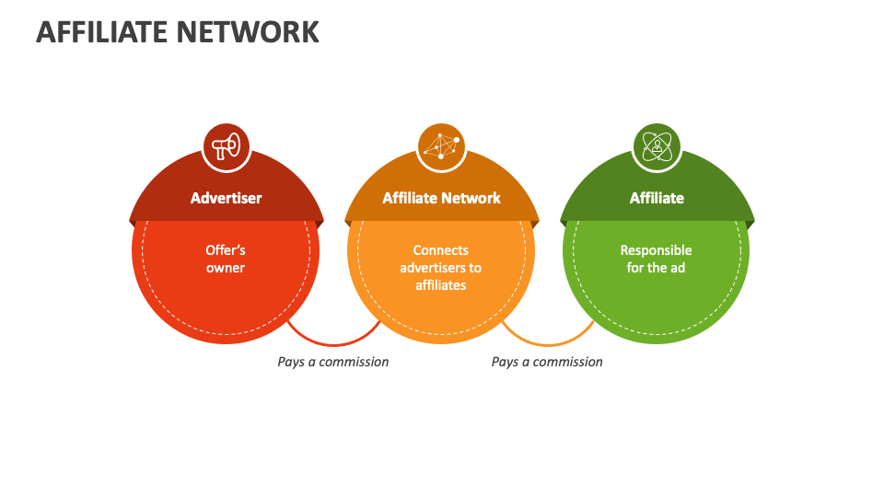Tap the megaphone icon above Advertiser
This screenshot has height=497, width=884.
[226, 146]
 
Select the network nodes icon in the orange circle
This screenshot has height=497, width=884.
[441, 146]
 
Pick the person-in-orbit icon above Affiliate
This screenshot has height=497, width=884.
[657, 146]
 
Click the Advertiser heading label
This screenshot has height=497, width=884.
[226, 198]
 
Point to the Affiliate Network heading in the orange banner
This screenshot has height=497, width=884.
[441, 198]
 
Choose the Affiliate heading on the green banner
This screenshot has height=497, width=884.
[657, 198]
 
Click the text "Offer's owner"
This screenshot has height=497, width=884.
[226, 259]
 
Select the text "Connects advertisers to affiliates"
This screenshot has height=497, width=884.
[441, 268]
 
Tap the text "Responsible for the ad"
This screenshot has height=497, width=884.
[657, 259]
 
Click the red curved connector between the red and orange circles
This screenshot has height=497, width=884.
[333, 337]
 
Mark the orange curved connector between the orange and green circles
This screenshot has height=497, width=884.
[549, 337]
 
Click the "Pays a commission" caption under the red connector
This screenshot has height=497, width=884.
[333, 362]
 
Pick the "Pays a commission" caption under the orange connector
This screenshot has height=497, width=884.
[547, 362]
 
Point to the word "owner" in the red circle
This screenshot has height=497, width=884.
[226, 268]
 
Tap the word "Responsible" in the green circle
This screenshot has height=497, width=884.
[657, 250]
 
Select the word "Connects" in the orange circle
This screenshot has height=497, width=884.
[441, 250]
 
